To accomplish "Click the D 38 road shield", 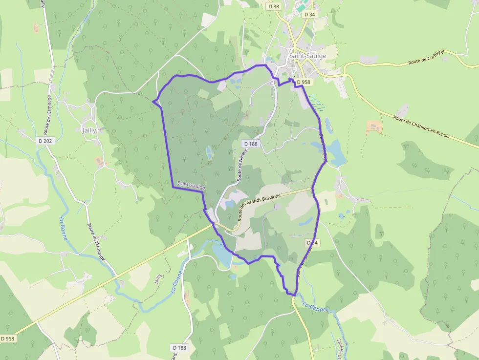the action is tap(274, 6).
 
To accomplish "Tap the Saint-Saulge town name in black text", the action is tap(307, 56).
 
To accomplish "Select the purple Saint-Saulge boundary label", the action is tap(191, 185).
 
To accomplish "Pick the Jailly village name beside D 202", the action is tap(89, 130).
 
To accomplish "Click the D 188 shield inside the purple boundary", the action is tap(250, 144).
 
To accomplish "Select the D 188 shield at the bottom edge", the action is tap(180, 348).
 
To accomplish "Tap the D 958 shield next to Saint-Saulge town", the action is tap(303, 82).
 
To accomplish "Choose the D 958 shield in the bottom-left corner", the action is tap(8, 338).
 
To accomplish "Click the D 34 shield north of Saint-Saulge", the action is tap(309, 15).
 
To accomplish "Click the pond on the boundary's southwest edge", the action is tap(221, 254).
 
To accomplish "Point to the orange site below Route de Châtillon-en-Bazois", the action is tap(374, 127).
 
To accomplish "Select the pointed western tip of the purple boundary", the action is tap(153, 102).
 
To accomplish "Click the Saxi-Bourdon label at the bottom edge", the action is tap(340, 348).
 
